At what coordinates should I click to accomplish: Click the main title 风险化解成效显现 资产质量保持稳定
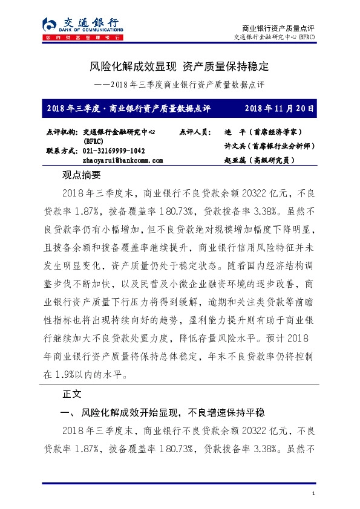click(x=179, y=65)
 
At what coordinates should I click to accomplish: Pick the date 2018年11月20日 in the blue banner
click(x=280, y=109)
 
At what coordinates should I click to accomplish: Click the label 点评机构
click(x=62, y=131)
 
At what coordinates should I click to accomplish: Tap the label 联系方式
click(x=62, y=151)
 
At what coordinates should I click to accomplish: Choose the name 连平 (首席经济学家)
click(x=263, y=131)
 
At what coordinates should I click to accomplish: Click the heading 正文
click(x=72, y=394)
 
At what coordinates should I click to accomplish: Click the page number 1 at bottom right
click(x=314, y=495)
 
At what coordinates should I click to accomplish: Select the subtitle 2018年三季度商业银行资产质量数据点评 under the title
click(x=180, y=84)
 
